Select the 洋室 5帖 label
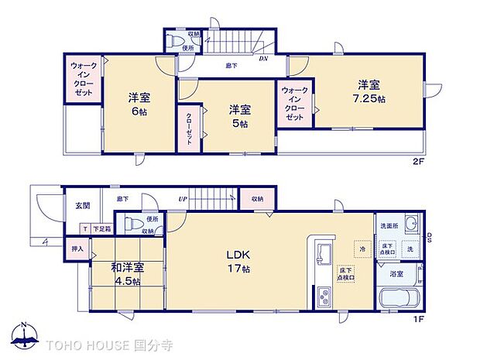click(238, 116)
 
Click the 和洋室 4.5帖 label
click(125, 274)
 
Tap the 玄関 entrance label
click(82, 206)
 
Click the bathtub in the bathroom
click(400, 300)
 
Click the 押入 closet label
click(77, 249)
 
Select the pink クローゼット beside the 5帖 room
click(187, 131)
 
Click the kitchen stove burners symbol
click(324, 297)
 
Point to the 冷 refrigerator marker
click(361, 249)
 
